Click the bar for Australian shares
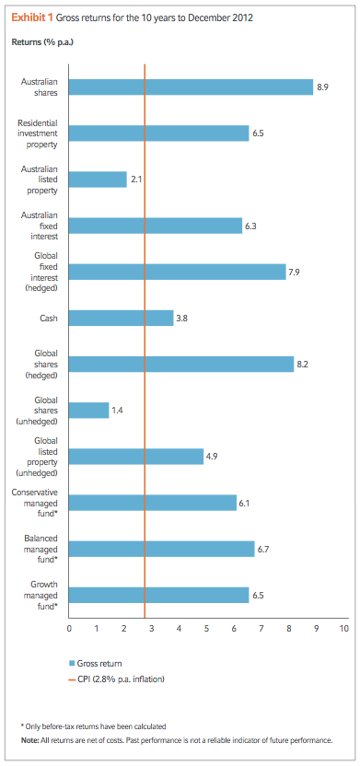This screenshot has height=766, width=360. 191,87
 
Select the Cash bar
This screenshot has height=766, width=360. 121,318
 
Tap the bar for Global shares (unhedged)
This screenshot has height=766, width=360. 88,410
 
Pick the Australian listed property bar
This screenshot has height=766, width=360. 98,180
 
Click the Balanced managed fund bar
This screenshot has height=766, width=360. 161,549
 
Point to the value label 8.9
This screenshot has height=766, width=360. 322,87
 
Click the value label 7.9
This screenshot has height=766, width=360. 295,272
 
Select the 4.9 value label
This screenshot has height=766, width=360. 212,457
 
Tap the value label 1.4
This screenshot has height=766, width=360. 117,410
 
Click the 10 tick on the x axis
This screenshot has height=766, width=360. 343,629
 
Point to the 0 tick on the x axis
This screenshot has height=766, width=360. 69,629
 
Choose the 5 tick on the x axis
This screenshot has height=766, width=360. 206,629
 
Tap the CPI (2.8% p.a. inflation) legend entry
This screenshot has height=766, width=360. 122,680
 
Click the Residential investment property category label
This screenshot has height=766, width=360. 37,133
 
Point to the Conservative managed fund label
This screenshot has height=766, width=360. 37,503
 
